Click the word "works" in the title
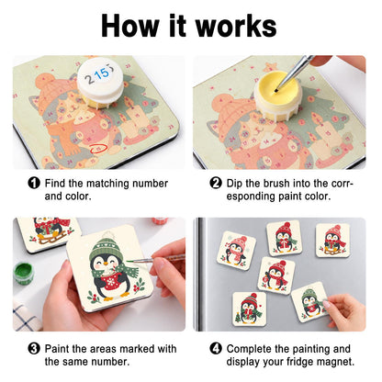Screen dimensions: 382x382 [236, 27]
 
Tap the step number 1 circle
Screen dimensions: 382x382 [34, 184]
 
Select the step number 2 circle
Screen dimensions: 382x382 [216, 184]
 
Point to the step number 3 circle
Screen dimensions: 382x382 [34, 349]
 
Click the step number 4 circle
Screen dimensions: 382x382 [216, 349]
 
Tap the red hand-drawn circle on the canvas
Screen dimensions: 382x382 [98, 149]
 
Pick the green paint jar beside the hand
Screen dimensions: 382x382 [24, 273]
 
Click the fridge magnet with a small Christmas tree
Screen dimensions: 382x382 [250, 308]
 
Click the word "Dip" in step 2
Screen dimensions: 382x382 [234, 184]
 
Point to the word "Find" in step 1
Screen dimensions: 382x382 [55, 184]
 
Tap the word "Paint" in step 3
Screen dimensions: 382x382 [58, 349]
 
